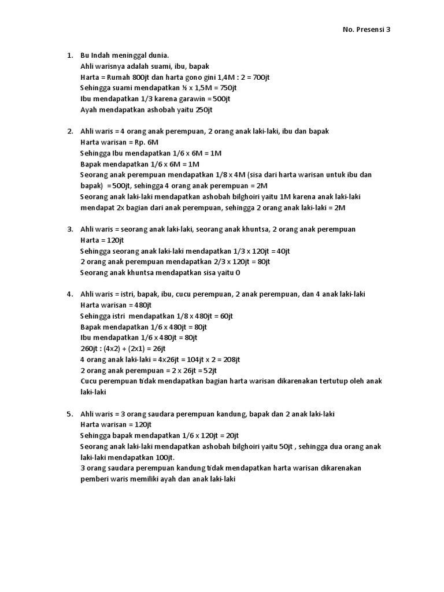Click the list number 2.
click(69, 132)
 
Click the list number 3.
click(69, 230)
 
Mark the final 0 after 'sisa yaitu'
click(238, 273)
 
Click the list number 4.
click(69, 294)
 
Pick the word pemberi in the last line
click(94, 479)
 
